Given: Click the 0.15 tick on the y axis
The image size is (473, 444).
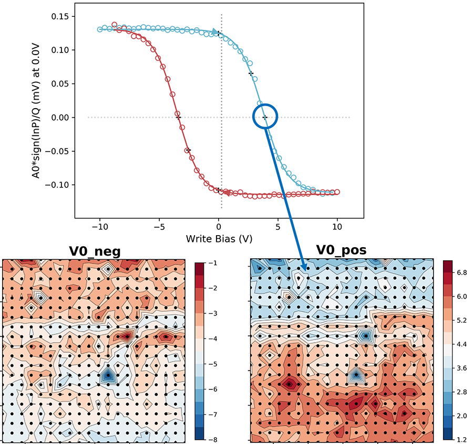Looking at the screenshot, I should point(60,16).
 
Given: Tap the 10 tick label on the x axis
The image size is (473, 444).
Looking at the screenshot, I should point(337,227).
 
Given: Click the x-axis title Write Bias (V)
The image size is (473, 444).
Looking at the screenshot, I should point(219,239).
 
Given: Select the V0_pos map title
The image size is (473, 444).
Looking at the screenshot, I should point(341,250).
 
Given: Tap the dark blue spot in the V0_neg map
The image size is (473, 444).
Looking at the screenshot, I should point(108,375).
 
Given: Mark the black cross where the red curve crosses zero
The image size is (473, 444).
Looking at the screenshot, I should point(178,117).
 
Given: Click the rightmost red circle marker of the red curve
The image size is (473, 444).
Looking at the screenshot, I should point(337,192).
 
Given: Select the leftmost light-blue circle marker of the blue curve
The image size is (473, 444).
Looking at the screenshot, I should point(100,29).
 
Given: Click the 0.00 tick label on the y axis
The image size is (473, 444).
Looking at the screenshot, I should point(60,118).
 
